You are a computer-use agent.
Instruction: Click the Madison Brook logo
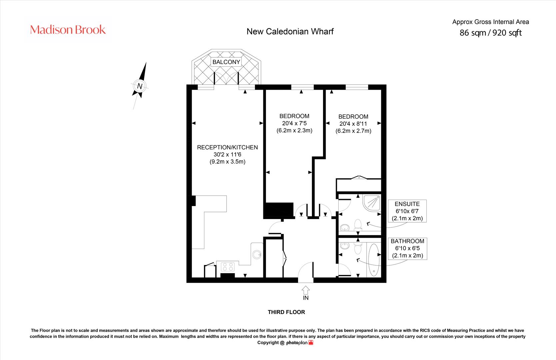pos(68,30)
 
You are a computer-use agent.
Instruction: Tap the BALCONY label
pos(226,62)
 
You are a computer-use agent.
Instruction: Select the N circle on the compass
pos(139,86)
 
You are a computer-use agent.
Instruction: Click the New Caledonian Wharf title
pos(290,32)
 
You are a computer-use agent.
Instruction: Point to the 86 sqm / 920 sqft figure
pos(490,33)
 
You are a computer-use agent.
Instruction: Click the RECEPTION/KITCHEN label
pos(227,147)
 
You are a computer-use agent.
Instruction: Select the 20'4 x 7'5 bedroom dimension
pos(294,123)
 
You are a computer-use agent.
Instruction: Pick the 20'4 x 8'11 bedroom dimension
pos(353,124)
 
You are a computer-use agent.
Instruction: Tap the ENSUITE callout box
pos(407,211)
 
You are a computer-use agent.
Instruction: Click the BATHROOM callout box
pos(407,248)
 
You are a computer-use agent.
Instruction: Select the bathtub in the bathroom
pos(374,260)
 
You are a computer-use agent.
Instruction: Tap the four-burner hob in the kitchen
pos(228,267)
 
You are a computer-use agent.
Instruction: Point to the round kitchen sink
pos(257,255)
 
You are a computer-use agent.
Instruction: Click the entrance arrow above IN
pos(306,290)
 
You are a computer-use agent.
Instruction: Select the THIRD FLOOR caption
pos(286,312)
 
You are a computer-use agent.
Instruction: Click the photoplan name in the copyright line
pos(297,343)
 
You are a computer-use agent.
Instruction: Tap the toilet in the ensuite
pos(358,224)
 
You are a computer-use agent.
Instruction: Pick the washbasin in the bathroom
pos(345,246)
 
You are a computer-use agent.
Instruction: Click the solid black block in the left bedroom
pos(278,210)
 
